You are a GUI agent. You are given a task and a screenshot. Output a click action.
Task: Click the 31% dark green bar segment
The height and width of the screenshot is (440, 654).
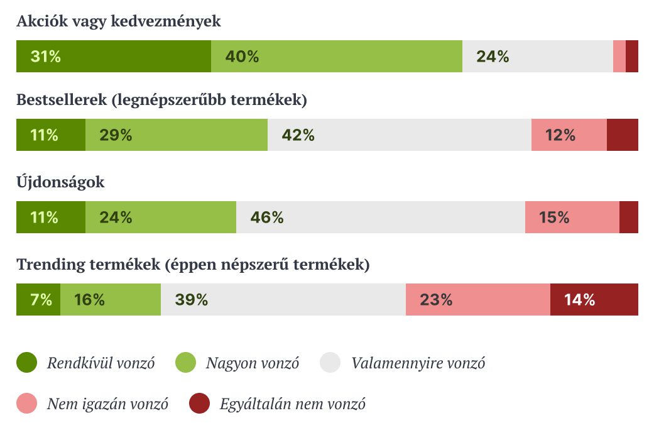pos(114,57)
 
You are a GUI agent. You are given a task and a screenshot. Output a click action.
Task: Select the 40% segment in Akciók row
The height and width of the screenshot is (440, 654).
pos(337,57)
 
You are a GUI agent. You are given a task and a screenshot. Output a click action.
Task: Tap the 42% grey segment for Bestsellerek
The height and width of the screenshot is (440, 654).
pos(400,135)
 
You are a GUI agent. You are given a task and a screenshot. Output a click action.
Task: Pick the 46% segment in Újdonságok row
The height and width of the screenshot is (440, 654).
pos(381,217)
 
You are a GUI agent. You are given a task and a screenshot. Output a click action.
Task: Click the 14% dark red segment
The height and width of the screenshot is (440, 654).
pos(594,300)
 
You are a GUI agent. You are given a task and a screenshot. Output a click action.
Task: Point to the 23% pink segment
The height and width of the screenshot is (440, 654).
pos(478,300)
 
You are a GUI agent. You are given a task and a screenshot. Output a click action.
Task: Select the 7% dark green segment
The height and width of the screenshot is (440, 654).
pos(38,300)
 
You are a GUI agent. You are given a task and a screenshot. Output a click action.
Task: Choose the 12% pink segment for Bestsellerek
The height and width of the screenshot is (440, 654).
pos(569,135)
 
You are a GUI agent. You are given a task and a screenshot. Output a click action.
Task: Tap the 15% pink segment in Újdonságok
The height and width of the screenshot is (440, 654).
pos(572,217)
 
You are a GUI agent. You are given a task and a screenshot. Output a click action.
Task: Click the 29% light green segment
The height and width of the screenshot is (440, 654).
pos(177,135)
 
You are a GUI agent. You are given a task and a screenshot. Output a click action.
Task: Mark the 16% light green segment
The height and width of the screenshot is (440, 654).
pos(111,300)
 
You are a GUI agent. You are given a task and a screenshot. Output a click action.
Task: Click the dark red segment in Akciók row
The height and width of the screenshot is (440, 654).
pos(632,57)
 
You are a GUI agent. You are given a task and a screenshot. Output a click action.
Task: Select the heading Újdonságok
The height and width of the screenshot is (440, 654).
pos(60,183)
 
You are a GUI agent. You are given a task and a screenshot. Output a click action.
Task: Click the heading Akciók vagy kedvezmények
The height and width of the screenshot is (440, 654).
pos(119,21)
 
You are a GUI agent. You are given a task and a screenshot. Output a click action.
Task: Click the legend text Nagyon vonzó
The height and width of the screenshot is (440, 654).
pos(253,363)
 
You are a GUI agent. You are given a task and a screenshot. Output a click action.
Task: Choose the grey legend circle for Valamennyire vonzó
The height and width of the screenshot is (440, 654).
pos(330,363)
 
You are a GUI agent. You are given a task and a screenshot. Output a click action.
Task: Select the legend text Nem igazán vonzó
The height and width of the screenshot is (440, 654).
pos(107,404)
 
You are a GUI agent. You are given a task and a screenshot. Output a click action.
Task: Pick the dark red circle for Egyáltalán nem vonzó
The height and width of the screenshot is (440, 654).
pos(200,404)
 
